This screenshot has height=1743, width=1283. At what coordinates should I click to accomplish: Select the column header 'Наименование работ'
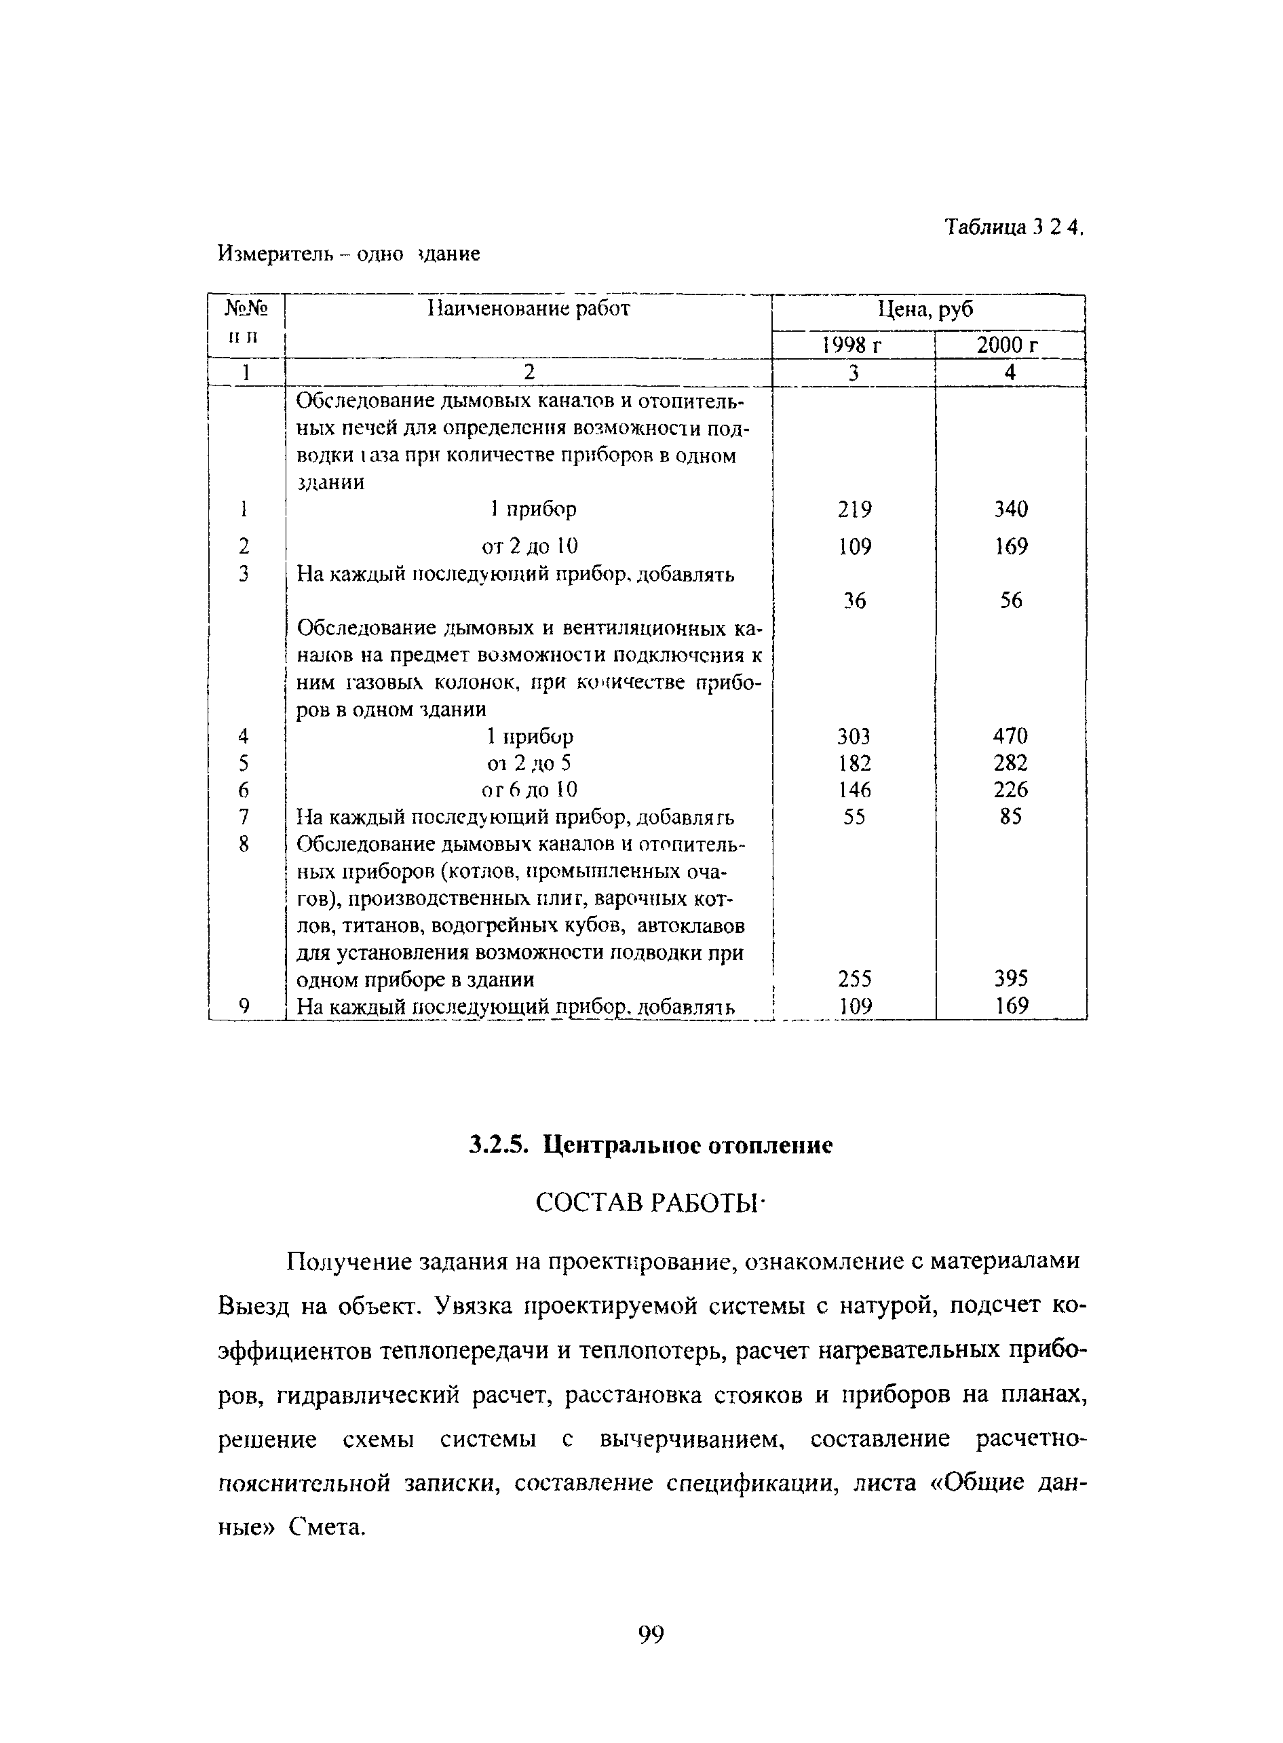point(529,309)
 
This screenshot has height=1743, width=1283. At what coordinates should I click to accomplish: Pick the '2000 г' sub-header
point(1008,345)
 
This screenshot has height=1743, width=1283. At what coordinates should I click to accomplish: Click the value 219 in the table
point(854,510)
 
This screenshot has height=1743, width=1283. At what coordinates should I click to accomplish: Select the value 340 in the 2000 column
point(1010,510)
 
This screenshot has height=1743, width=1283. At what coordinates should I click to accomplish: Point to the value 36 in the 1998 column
point(854,600)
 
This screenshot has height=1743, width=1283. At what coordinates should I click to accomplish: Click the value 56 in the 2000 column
point(1010,600)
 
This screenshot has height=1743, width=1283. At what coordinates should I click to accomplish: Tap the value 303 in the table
point(854,735)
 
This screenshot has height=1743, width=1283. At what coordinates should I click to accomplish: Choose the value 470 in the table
point(1010,735)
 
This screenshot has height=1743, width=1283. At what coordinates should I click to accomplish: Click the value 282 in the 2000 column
point(1010,763)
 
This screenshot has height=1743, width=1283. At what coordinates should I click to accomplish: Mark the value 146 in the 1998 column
point(854,790)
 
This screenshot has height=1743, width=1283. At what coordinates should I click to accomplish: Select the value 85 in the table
point(1010,817)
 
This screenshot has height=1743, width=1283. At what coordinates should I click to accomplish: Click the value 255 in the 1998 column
point(854,978)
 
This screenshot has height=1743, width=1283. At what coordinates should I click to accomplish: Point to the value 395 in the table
point(1010,978)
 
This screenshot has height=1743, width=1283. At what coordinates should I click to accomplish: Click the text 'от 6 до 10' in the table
point(529,790)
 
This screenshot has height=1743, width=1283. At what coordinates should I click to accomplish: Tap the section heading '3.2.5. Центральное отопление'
point(651,1145)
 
